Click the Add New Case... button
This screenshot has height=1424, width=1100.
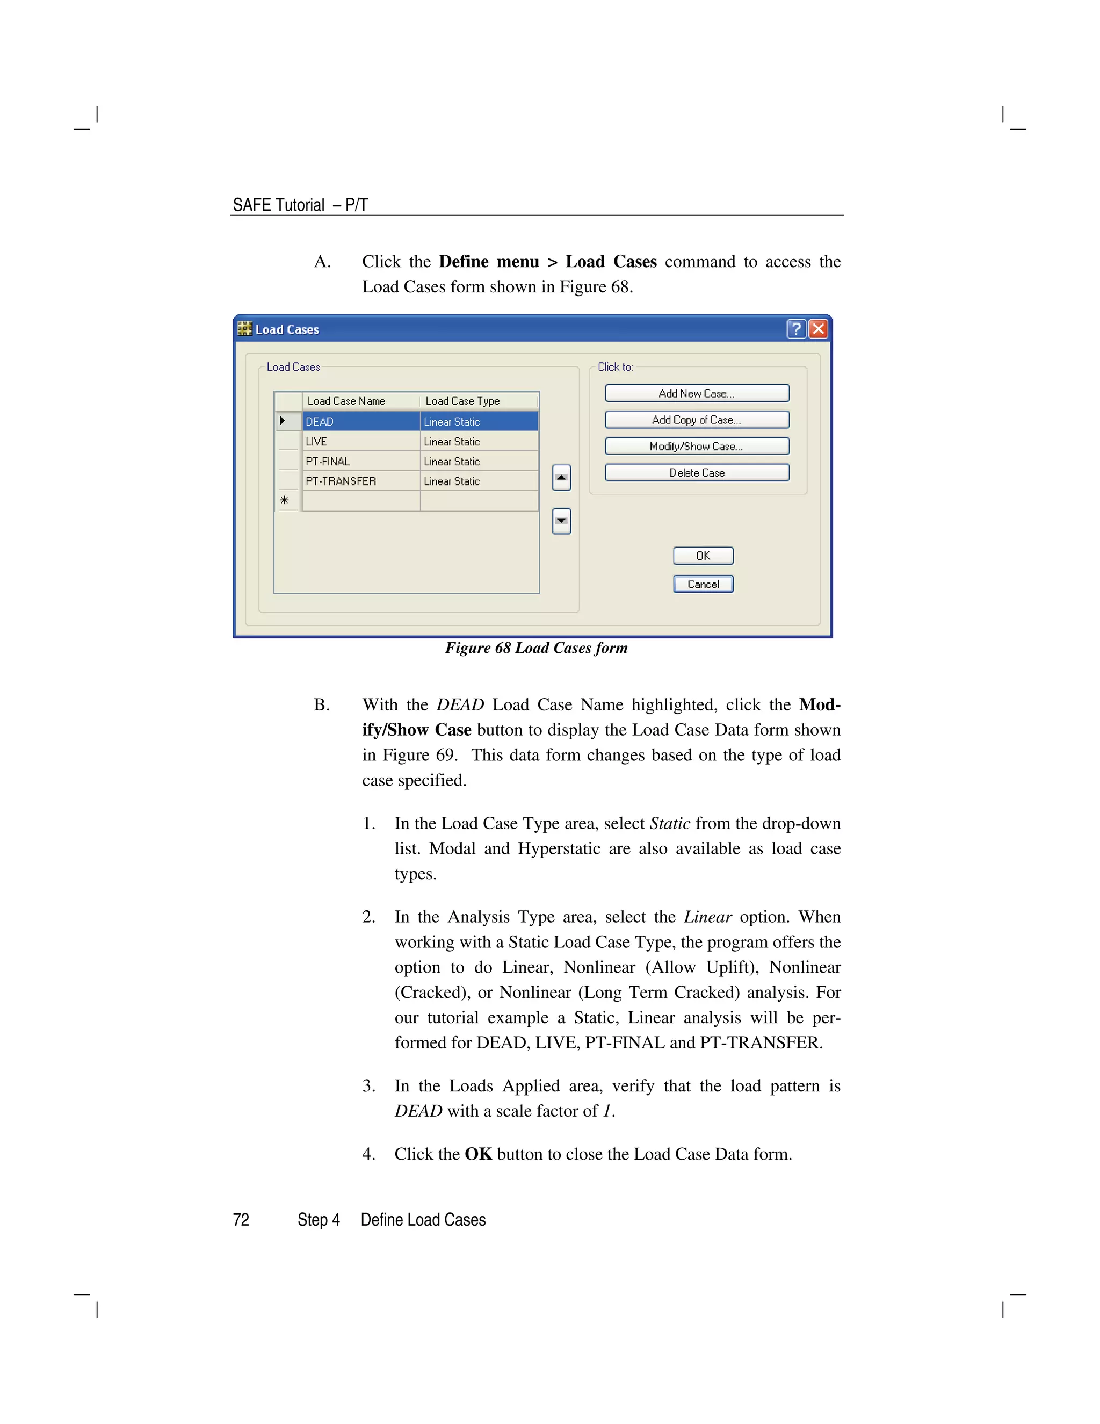[697, 393]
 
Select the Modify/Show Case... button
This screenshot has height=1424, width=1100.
[697, 446]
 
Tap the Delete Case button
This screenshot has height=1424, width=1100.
[697, 473]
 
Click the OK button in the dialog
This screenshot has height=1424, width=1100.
[703, 556]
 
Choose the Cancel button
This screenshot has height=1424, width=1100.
[703, 584]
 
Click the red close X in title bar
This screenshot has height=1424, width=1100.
[819, 329]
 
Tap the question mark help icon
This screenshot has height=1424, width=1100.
[795, 329]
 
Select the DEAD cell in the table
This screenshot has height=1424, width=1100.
[361, 421]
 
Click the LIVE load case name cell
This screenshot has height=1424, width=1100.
[361, 441]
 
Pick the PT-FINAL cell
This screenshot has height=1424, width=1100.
[361, 461]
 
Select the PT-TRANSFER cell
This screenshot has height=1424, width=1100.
[361, 481]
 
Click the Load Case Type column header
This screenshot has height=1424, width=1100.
[462, 401]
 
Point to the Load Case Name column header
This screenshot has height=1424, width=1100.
[346, 401]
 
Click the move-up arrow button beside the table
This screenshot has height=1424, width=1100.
[561, 478]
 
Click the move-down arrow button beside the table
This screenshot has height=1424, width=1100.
[561, 521]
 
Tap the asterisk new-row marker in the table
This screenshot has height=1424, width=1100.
[285, 500]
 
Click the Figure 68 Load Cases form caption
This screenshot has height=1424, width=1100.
[537, 648]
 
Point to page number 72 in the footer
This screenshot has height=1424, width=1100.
[241, 1220]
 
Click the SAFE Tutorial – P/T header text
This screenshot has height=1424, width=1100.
[300, 205]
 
